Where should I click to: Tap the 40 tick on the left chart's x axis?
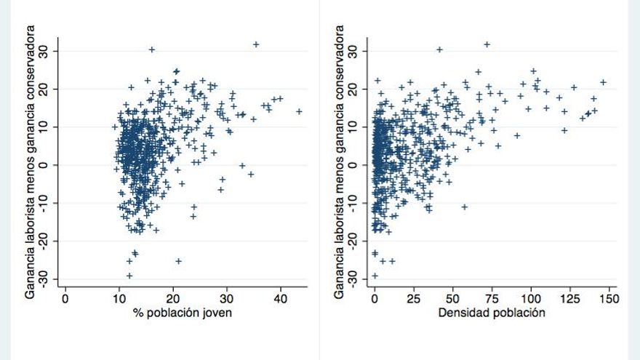click(x=281, y=298)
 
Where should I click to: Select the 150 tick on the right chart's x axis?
click(x=609, y=298)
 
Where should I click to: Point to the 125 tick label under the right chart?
click(x=571, y=298)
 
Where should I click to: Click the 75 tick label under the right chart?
click(x=492, y=298)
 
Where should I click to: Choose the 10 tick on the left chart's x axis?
click(x=119, y=298)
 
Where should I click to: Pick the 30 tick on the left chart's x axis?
click(x=227, y=298)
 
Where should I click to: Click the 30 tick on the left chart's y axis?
click(x=51, y=51)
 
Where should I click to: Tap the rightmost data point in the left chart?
click(x=299, y=111)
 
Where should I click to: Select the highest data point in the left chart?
click(x=256, y=44)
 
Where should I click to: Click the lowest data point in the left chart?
click(x=129, y=276)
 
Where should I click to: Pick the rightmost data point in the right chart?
click(x=603, y=82)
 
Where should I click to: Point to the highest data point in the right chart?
click(x=487, y=44)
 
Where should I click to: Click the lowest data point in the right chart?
click(x=375, y=276)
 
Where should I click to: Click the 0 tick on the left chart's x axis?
click(x=65, y=298)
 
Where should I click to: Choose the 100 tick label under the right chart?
click(x=532, y=298)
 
